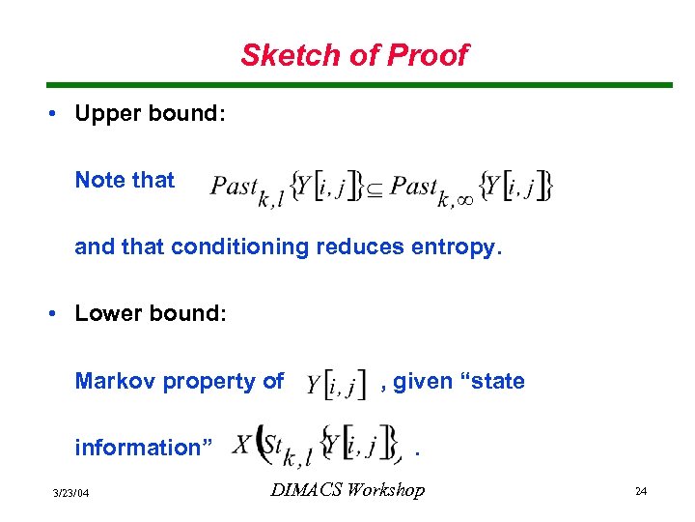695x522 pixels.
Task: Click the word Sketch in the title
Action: [284, 55]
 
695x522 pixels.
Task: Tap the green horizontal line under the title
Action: [347, 85]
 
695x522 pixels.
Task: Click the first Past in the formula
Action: [234, 186]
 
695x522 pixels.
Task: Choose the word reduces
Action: [356, 247]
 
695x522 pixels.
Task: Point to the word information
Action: [136, 448]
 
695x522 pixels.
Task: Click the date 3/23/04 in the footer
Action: [72, 493]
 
